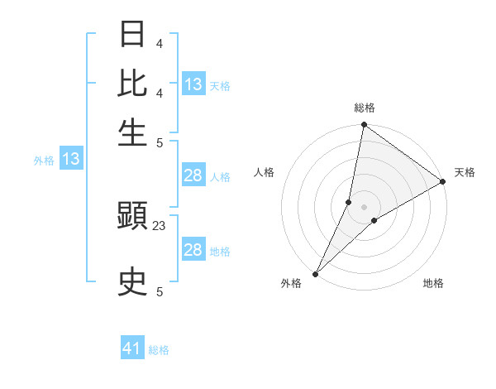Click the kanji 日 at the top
pyautogui.click(x=133, y=35)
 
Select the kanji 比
pyautogui.click(x=133, y=84)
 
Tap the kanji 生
pyautogui.click(x=133, y=132)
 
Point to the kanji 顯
pyautogui.click(x=133, y=219)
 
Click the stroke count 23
pyautogui.click(x=160, y=225)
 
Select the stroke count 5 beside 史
pyautogui.click(x=160, y=291)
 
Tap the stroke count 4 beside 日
pyautogui.click(x=160, y=43)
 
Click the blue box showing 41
pyautogui.click(x=132, y=349)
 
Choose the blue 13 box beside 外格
pyautogui.click(x=71, y=160)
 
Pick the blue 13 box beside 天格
pyautogui.click(x=193, y=84)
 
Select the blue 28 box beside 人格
pyautogui.click(x=193, y=175)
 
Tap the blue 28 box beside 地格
pyautogui.click(x=193, y=250)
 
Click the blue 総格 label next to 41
pyautogui.click(x=159, y=350)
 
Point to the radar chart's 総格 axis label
pyautogui.click(x=364, y=108)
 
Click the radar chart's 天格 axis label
pyautogui.click(x=465, y=172)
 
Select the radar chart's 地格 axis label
pyautogui.click(x=433, y=284)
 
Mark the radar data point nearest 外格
pyautogui.click(x=315, y=274)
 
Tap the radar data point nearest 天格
pyautogui.click(x=443, y=181)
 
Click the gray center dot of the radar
pyautogui.click(x=364, y=207)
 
